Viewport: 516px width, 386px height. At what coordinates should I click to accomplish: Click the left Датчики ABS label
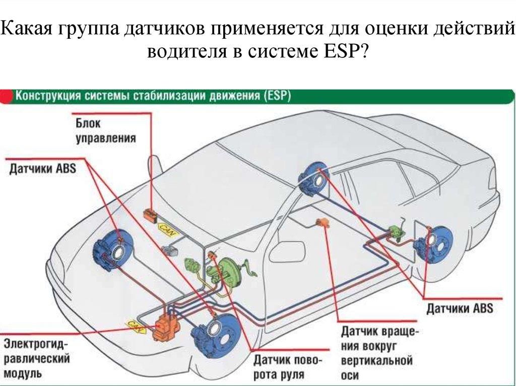click(42, 169)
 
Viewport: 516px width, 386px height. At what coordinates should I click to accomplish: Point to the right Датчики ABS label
click(460, 308)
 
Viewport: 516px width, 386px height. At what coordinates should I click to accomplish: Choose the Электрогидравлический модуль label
click(36, 358)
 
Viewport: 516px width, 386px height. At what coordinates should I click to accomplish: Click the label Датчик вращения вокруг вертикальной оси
click(376, 353)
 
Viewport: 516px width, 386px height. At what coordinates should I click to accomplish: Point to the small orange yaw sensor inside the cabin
click(321, 222)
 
